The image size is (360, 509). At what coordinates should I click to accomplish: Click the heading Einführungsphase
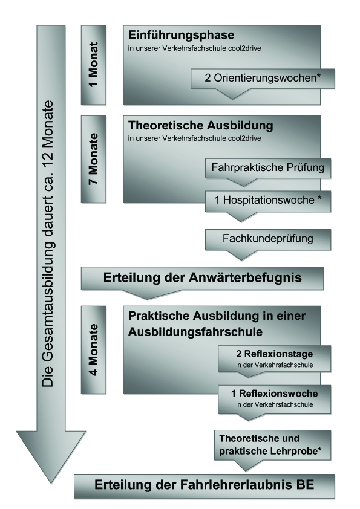tap(181, 36)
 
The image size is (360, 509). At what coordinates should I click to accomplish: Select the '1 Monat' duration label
tap(94, 64)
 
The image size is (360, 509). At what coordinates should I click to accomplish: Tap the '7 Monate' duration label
tap(94, 159)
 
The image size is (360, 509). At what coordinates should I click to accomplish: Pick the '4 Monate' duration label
tap(94, 349)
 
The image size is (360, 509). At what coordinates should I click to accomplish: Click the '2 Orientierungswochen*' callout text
tap(263, 78)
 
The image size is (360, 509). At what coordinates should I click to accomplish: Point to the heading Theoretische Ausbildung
tap(201, 125)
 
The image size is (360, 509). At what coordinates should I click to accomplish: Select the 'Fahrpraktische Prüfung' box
tap(267, 168)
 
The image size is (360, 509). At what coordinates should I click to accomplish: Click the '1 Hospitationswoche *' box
tap(267, 200)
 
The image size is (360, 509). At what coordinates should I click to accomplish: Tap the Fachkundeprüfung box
tap(267, 239)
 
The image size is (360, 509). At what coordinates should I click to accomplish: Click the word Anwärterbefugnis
tap(245, 278)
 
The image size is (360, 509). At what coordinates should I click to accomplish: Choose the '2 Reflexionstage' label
tap(274, 354)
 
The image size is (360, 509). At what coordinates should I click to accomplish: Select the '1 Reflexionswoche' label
tap(274, 394)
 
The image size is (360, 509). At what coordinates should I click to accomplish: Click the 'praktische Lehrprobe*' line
tap(270, 451)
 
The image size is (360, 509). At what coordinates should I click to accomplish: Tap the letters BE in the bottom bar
tap(305, 485)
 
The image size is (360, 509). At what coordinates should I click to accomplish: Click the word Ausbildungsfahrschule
tap(195, 332)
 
